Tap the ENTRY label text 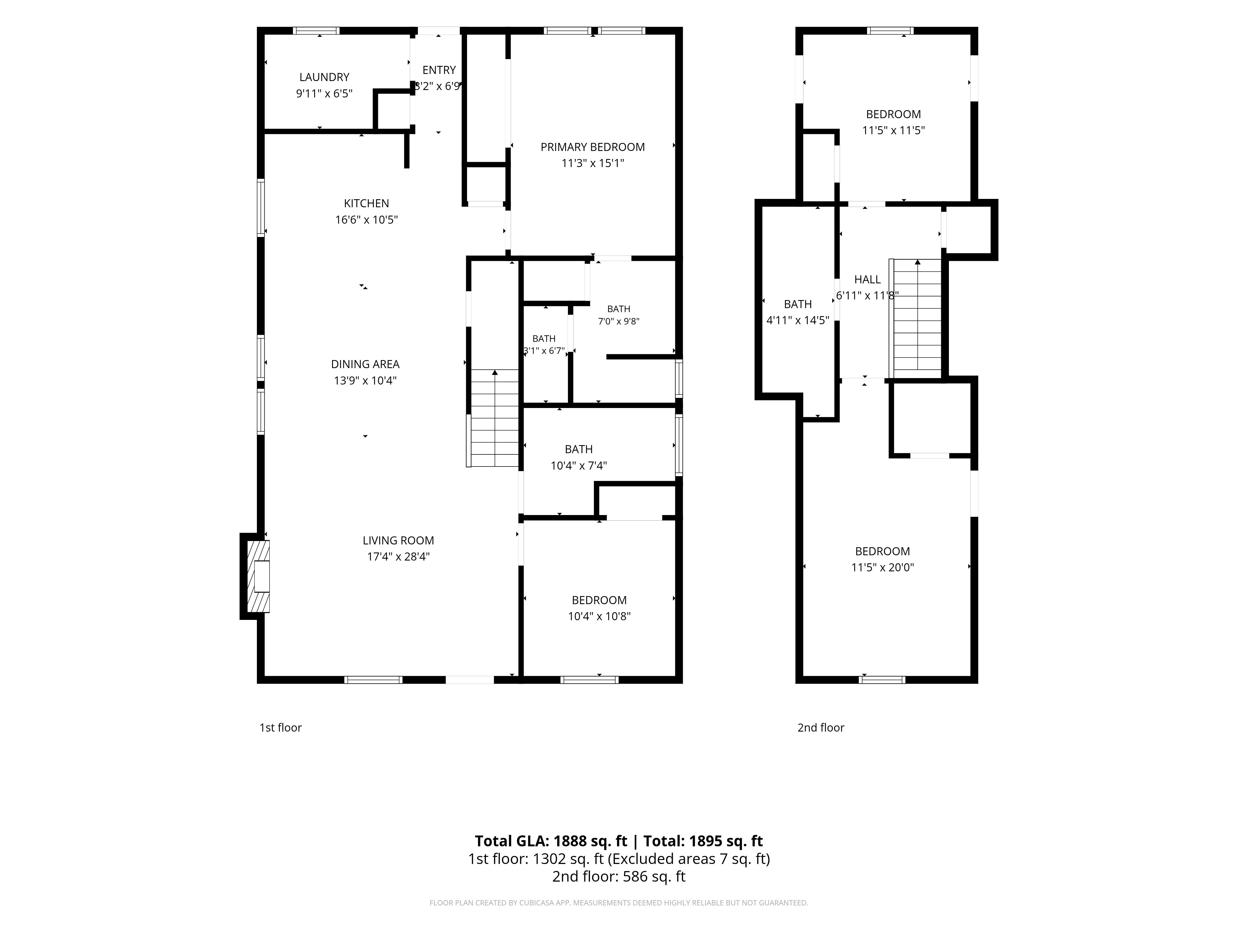pos(439,70)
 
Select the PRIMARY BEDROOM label pos(593,147)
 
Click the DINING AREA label pos(366,364)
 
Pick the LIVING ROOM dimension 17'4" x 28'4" pos(399,556)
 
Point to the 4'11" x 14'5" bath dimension pos(798,320)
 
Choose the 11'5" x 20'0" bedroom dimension pos(883,567)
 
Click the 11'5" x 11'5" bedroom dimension pos(893,130)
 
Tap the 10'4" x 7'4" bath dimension pos(579,466)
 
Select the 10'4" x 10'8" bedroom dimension pos(600,617)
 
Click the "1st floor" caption pos(280,728)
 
